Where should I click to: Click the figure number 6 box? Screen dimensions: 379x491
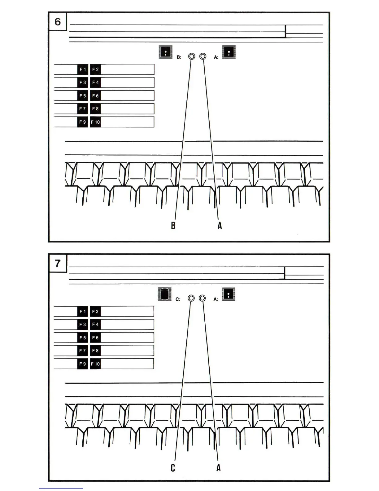click(58, 22)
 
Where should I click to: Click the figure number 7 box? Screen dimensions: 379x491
click(58, 263)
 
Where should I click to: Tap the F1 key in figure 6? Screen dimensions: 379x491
click(83, 69)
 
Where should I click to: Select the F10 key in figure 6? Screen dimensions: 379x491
click(95, 122)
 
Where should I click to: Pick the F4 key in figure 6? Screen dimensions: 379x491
click(95, 82)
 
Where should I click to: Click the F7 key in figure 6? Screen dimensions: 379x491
click(83, 109)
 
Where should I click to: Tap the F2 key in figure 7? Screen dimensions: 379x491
click(95, 312)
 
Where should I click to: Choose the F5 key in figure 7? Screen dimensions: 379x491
click(83, 338)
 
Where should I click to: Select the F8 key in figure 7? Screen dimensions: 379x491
click(95, 351)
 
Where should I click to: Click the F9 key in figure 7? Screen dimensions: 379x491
click(83, 364)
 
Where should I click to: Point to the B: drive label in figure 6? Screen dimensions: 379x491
click(179, 57)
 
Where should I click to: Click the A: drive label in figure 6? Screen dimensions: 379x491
click(216, 57)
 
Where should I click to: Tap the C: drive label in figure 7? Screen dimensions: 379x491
click(178, 299)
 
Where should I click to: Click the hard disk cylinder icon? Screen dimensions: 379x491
click(165, 294)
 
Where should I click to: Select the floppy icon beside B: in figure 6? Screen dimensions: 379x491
click(166, 52)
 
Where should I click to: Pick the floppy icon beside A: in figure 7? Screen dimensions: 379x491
click(229, 294)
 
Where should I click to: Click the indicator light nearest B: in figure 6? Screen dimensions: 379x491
click(192, 56)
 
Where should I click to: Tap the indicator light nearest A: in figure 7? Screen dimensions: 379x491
click(202, 298)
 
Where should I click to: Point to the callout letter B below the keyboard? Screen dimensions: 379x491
click(173, 225)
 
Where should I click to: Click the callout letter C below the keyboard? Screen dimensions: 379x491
click(173, 467)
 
